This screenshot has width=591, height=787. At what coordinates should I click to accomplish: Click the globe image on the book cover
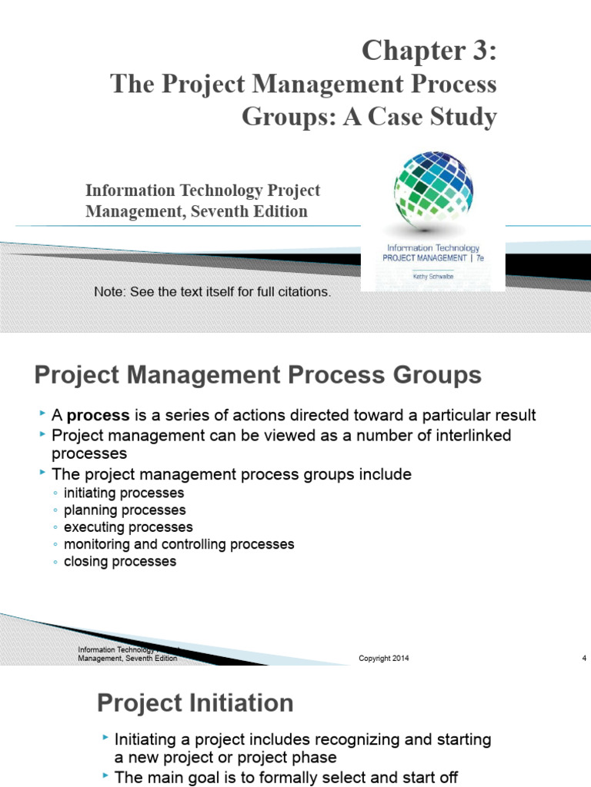(433, 189)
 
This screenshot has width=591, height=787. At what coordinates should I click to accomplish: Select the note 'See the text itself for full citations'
(212, 292)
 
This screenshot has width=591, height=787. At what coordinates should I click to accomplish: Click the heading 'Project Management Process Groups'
(258, 376)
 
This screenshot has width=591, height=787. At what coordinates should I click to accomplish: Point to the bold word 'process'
(98, 416)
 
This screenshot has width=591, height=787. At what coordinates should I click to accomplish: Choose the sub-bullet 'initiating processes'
(124, 493)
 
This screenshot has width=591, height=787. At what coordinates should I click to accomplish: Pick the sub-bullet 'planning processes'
(125, 510)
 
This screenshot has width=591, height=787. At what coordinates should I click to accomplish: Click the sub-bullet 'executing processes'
(129, 527)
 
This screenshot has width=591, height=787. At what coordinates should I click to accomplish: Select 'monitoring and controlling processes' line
(179, 544)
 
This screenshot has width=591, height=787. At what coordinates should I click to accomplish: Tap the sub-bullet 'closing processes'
(120, 561)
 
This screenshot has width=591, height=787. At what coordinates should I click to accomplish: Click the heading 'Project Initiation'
(195, 702)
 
